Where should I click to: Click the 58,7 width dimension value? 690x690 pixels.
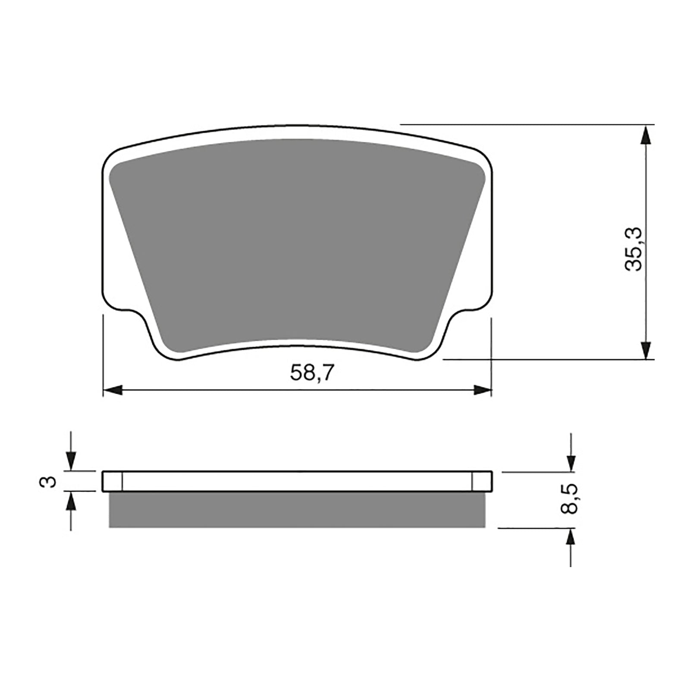pos(312,373)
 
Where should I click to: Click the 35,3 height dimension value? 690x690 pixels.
pos(634,250)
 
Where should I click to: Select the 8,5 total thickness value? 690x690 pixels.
pos(569,499)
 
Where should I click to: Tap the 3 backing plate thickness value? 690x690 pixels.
pos(51,481)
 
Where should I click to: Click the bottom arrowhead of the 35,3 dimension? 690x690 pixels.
pos(645,349)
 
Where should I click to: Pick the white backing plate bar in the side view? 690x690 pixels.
pos(298,481)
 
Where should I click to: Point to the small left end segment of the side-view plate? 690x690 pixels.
pos(113,481)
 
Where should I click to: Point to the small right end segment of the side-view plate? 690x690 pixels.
pos(482,481)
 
